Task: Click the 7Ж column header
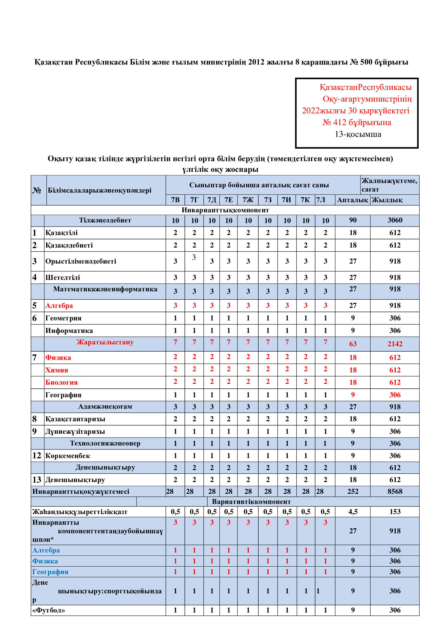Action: coord(248,200)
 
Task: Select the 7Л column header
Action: coord(321,200)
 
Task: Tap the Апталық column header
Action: coord(352,200)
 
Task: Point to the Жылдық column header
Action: coord(387,200)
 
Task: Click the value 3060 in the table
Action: coord(395,220)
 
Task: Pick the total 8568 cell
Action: coord(395,491)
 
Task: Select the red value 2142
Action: coord(395,344)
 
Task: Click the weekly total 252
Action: coord(353,491)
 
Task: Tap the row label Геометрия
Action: coord(63,318)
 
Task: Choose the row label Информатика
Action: coord(69,331)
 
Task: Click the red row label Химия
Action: coord(57,370)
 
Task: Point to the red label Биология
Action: coord(61,382)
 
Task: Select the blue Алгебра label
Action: coord(46,550)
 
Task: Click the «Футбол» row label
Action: coord(49,610)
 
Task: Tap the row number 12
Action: coord(37,455)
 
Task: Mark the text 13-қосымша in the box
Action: coord(358,134)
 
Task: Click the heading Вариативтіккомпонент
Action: coord(251,502)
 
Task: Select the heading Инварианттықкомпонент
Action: coord(225,210)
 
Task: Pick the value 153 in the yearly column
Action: coord(395,512)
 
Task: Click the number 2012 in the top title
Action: coord(256,62)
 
